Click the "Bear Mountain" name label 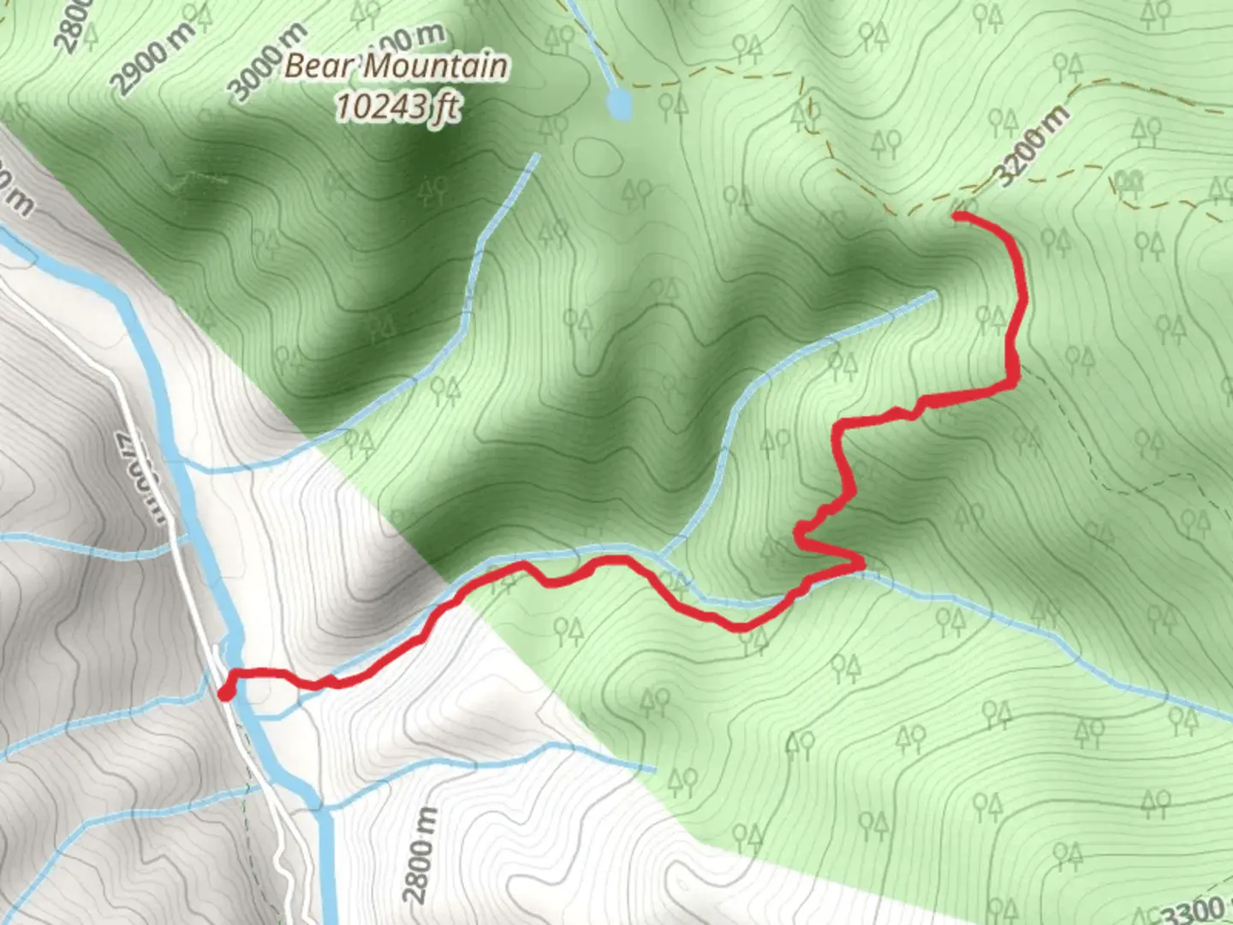(396, 67)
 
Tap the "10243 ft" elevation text (396, 107)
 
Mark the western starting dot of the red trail (225, 692)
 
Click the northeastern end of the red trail (956, 215)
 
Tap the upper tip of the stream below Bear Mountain (537, 156)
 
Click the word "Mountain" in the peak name (437, 67)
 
